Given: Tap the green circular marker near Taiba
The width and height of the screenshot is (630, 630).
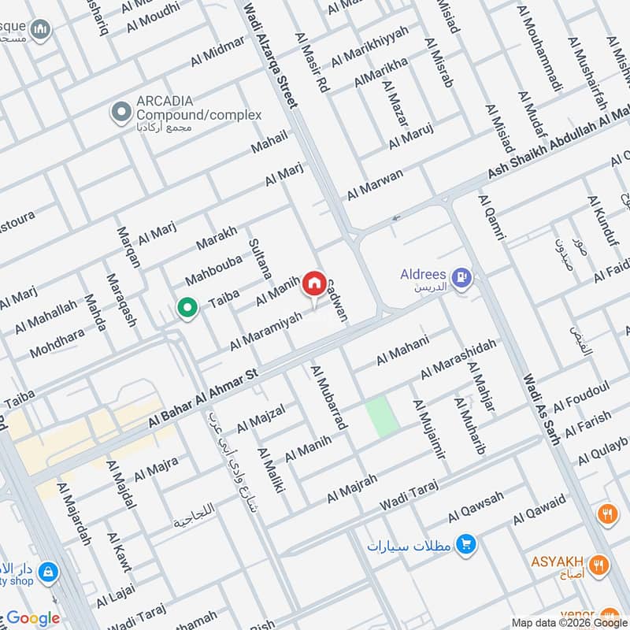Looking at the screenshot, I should point(187,307).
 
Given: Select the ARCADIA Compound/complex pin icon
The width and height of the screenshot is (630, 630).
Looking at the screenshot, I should point(120,113).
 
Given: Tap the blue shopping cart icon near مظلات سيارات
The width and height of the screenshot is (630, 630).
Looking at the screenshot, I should point(465,544).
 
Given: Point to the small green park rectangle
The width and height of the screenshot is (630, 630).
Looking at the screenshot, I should point(380,417).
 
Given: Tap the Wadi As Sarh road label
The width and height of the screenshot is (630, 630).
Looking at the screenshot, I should point(542,410).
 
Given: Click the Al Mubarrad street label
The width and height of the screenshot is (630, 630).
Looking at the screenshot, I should point(330,397).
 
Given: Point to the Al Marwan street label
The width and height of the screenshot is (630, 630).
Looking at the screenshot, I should point(375,184).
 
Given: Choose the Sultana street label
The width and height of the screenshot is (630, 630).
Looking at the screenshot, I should point(260,260).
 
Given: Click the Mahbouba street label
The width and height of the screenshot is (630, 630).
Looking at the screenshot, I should point(210,269).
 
